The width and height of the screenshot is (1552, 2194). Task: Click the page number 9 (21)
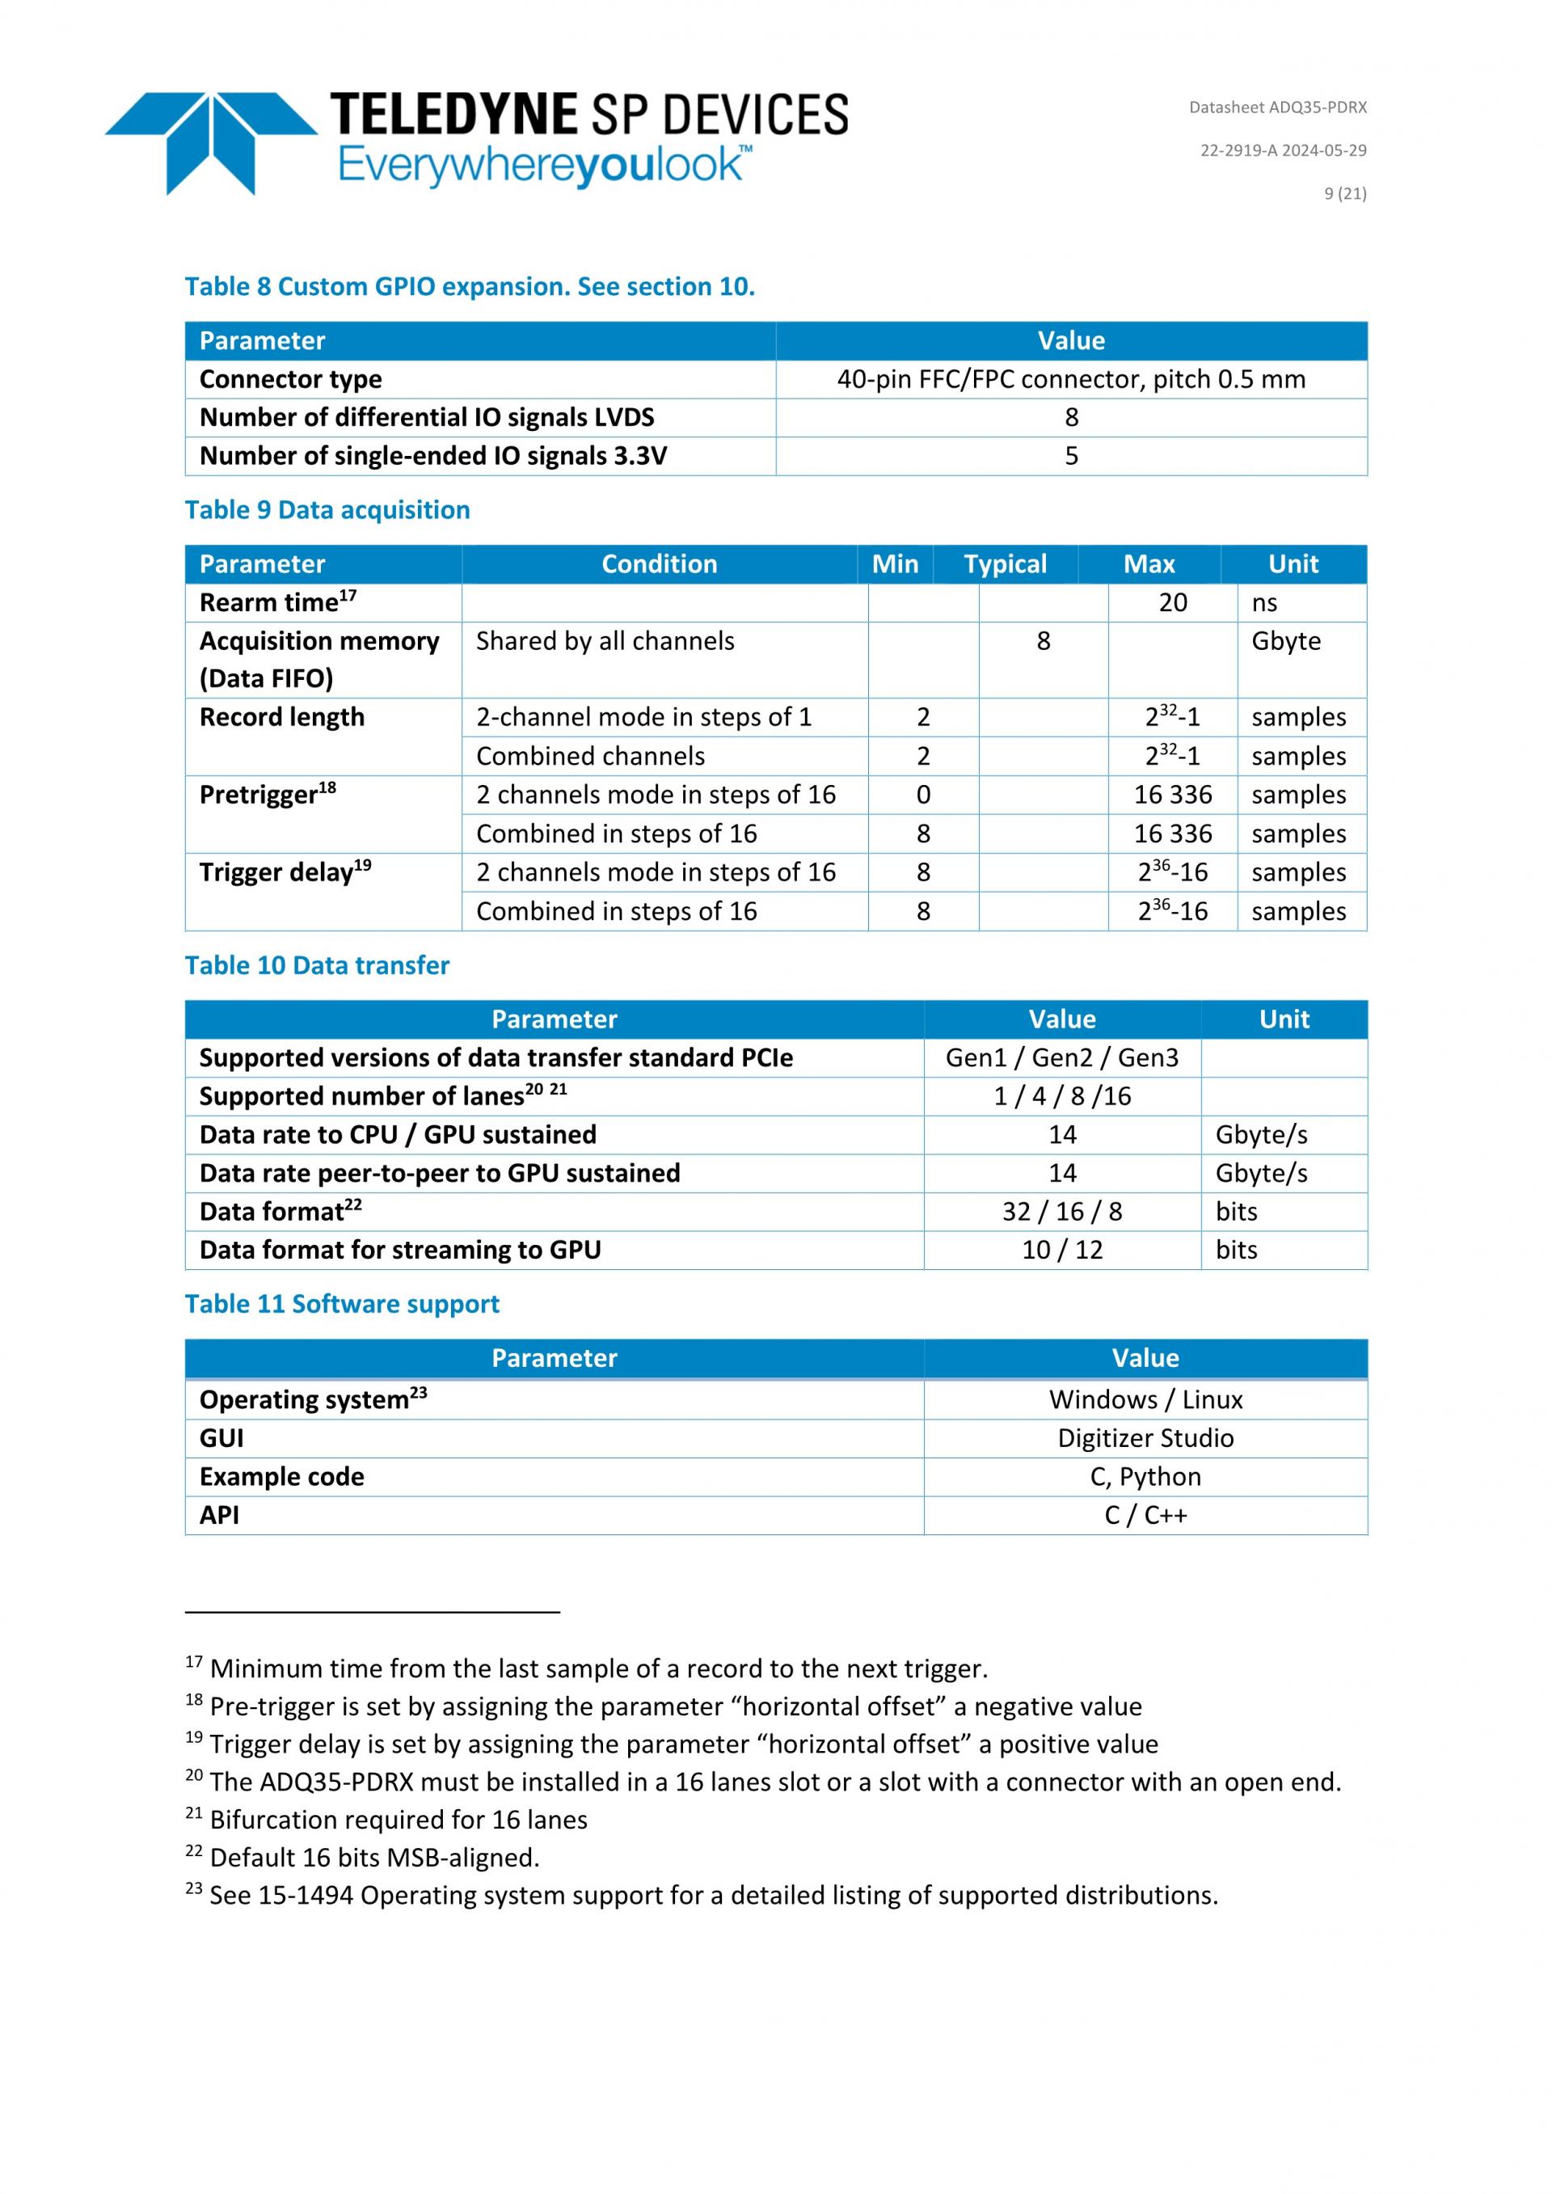(x=1344, y=193)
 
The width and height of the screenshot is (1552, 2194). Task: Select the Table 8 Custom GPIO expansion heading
(x=469, y=287)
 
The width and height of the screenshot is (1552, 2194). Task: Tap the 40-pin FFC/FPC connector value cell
(x=1070, y=379)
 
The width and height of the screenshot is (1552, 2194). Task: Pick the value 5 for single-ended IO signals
(x=1071, y=456)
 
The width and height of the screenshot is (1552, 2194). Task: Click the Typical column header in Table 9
(x=1005, y=563)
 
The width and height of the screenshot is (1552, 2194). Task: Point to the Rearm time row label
(x=277, y=603)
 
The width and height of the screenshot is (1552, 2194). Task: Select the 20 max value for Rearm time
(x=1173, y=603)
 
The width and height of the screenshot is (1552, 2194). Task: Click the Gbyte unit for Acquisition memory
(x=1285, y=641)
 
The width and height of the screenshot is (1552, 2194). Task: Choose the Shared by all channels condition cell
(x=605, y=641)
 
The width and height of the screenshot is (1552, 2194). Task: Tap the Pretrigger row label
(x=268, y=795)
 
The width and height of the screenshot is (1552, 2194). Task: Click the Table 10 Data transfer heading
(x=316, y=965)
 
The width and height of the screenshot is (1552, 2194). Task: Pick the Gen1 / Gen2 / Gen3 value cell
(x=1061, y=1058)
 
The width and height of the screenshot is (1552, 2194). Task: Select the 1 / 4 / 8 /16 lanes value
(x=1061, y=1096)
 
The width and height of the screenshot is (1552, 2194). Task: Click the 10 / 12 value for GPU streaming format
(x=1061, y=1250)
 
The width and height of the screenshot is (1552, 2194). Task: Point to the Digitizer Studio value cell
(x=1145, y=1438)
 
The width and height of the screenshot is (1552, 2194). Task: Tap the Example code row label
(x=282, y=1476)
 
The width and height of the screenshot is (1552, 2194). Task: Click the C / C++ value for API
(x=1145, y=1515)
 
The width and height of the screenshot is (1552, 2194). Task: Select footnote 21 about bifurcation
(x=387, y=1820)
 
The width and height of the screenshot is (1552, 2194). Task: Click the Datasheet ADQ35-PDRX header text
(x=1277, y=107)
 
